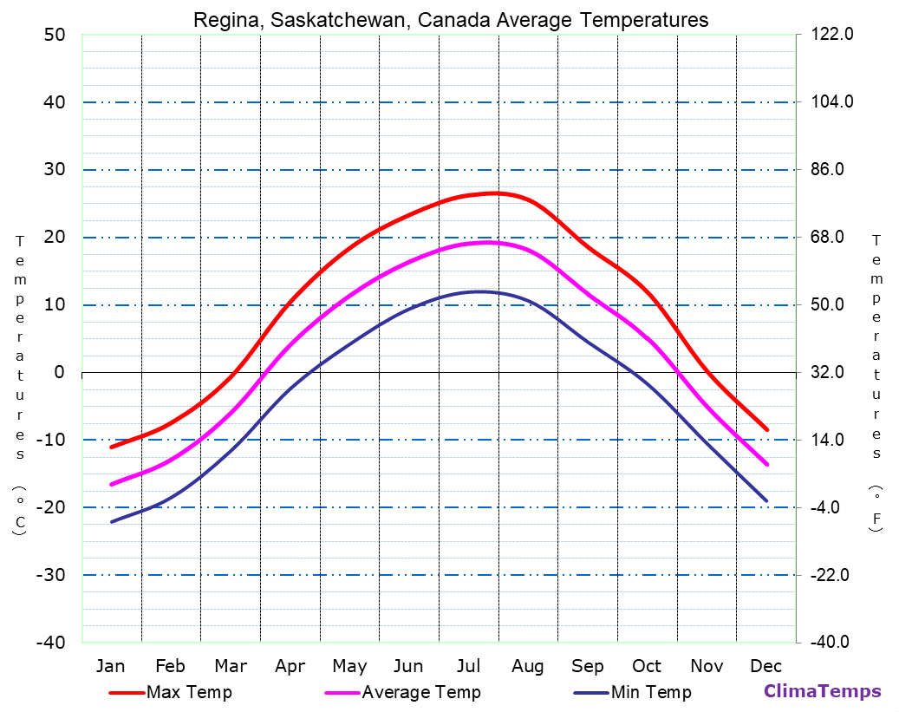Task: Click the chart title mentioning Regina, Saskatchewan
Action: [450, 20]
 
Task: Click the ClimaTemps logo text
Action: [822, 691]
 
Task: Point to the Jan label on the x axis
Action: [110, 666]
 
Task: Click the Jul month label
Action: [468, 666]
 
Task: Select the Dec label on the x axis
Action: [766, 666]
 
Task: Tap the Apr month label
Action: [290, 666]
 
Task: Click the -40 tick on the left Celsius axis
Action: [49, 643]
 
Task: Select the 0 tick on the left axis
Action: [59, 372]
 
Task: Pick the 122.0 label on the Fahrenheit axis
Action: [833, 35]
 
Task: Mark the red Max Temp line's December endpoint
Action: [766, 429]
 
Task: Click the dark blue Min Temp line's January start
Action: [112, 522]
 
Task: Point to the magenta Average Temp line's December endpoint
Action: [766, 464]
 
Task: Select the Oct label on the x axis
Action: [647, 666]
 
